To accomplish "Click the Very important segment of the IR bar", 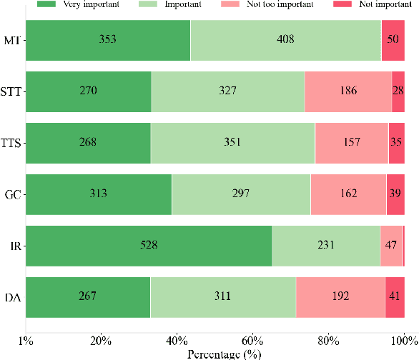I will pos(149,245).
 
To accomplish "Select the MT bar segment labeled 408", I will pos(286,39).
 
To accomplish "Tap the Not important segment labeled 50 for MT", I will pos(392,39).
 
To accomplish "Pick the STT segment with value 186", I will pos(347,91).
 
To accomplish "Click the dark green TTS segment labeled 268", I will pos(88,142).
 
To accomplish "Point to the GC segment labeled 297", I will pos(241,194).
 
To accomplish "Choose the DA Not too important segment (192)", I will pos(340,296).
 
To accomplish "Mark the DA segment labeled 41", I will pos(395,296).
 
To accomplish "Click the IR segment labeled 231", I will pos(326,245).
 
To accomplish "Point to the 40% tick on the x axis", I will pos(177,339).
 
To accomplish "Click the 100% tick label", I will pos(404,339).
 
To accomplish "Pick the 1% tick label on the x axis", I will pos(26,339).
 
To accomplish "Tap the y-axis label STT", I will pos(11,91).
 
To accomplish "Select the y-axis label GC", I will pos(13,194).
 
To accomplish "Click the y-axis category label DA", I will pos(13,296).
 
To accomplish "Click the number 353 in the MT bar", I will pos(108,39).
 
